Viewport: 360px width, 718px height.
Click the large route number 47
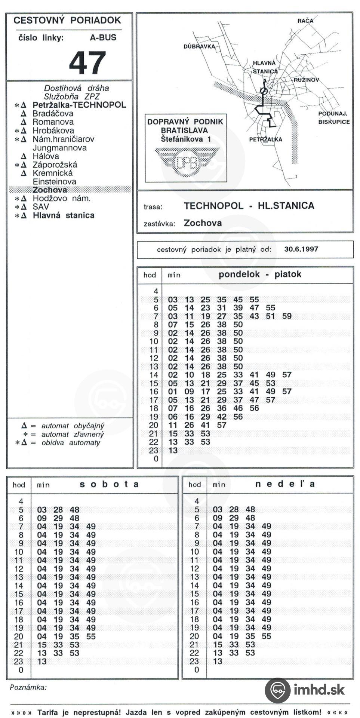point(87,63)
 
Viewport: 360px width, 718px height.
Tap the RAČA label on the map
point(305,21)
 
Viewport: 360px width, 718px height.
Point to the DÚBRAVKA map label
point(199,46)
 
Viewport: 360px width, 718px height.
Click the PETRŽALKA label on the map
point(266,139)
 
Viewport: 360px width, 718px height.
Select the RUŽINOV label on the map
point(306,80)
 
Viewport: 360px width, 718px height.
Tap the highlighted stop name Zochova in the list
point(50,190)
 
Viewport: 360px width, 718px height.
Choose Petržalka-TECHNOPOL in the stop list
point(79,105)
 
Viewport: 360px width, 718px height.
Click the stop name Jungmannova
point(59,148)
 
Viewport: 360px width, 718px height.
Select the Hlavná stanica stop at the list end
point(64,215)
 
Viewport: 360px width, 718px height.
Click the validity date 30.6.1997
point(301,249)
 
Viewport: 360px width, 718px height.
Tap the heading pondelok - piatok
point(260,274)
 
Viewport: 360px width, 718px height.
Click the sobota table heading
point(109,484)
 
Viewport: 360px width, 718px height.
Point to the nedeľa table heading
point(285,484)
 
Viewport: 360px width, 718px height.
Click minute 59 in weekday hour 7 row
point(287,316)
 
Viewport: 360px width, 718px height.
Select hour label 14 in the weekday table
point(154,375)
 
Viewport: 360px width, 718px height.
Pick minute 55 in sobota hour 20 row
point(91,636)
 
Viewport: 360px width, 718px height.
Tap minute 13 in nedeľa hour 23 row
point(218,662)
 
